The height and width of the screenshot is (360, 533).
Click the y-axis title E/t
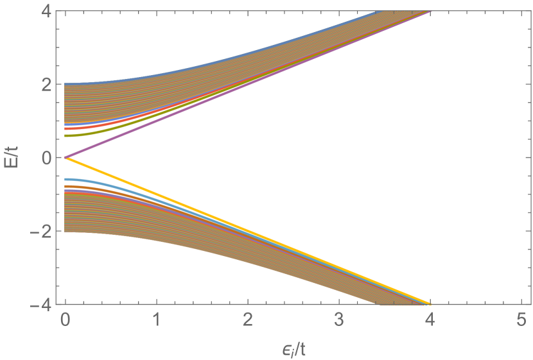coord(14,157)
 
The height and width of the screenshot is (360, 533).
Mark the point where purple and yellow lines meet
coord(66,157)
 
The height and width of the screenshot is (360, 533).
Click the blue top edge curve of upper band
coord(193,64)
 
